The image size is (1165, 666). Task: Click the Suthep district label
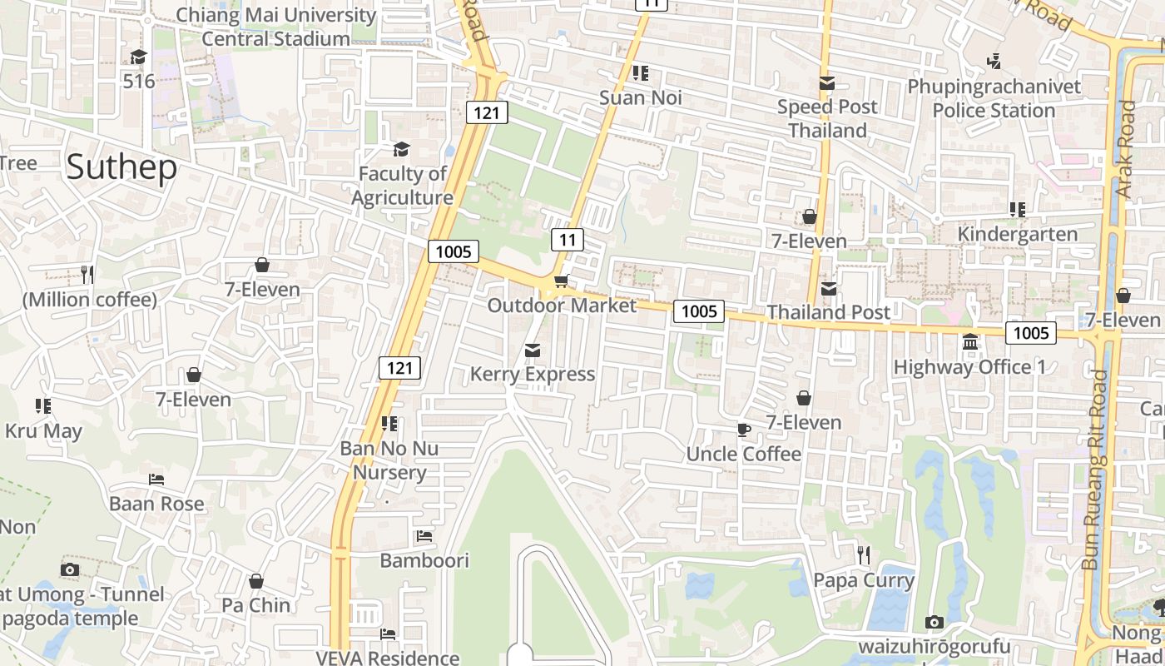pyautogui.click(x=121, y=167)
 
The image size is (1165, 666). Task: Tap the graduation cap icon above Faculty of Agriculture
pyautogui.click(x=402, y=149)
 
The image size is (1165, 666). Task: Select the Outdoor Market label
pyautogui.click(x=562, y=306)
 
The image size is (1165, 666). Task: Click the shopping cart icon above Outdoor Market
pyautogui.click(x=562, y=281)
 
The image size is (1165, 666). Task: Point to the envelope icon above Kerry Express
pyautogui.click(x=533, y=350)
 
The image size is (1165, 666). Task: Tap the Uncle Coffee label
pyautogui.click(x=743, y=454)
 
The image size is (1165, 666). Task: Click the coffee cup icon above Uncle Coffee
pyautogui.click(x=743, y=430)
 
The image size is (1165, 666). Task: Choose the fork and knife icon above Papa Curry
pyautogui.click(x=864, y=554)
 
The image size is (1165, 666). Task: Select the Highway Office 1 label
pyautogui.click(x=969, y=367)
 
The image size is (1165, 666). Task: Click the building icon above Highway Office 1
pyautogui.click(x=969, y=342)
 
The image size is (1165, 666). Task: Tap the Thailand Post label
pyautogui.click(x=828, y=312)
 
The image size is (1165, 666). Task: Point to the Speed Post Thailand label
pyautogui.click(x=827, y=118)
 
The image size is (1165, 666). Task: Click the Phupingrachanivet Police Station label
pyautogui.click(x=994, y=98)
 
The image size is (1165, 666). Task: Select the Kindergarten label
pyautogui.click(x=1017, y=234)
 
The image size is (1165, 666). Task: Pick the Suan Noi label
pyautogui.click(x=641, y=97)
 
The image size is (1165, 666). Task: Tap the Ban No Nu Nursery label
pyautogui.click(x=389, y=460)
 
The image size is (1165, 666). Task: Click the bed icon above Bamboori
pyautogui.click(x=424, y=536)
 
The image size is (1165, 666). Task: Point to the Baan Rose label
pyautogui.click(x=156, y=504)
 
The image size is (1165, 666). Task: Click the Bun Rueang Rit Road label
pyautogui.click(x=1096, y=470)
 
